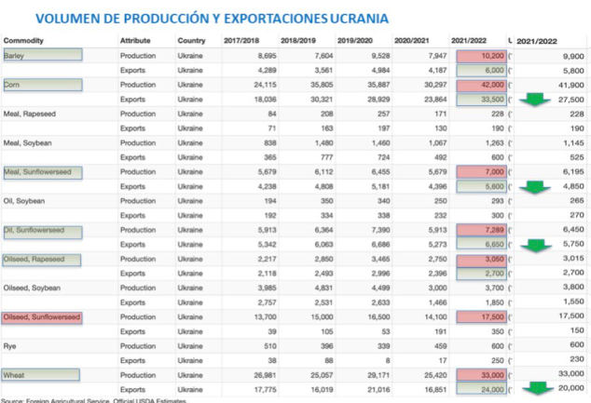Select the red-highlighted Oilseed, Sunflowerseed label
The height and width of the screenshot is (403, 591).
point(41,316)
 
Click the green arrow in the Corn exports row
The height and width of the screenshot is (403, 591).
point(534,100)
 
